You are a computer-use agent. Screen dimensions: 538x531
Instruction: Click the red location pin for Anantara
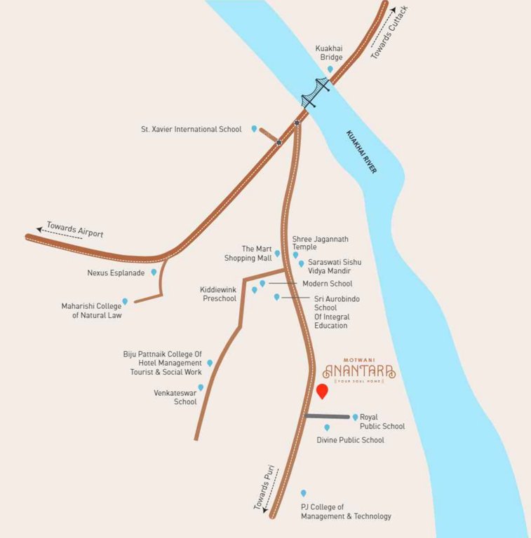(322, 392)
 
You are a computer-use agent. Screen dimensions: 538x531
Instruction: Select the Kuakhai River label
(361, 152)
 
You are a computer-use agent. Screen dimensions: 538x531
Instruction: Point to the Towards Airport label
(75, 229)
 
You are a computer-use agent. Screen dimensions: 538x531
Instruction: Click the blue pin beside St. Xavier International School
(255, 129)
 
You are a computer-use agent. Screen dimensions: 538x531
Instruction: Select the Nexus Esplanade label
(116, 273)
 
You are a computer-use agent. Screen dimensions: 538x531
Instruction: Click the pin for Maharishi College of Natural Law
(125, 301)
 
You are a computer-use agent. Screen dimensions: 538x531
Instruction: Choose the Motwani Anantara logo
(360, 371)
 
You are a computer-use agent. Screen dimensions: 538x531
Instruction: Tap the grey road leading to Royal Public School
(327, 417)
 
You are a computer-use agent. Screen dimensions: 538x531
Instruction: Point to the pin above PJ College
(304, 493)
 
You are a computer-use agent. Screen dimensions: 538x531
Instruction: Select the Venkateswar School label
(175, 397)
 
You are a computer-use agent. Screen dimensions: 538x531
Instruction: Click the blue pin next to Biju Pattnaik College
(210, 363)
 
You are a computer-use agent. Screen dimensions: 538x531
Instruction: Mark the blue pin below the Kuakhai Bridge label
(330, 69)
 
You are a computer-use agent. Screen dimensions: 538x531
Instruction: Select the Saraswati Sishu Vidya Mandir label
(330, 266)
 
